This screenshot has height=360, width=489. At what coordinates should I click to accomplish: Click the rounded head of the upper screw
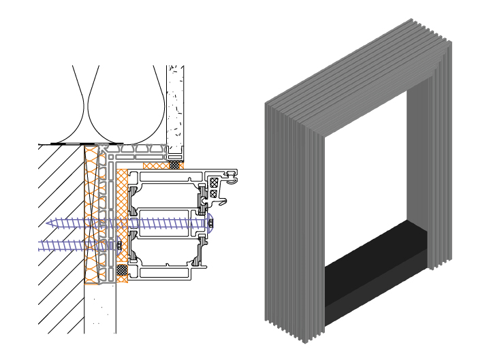coord(210,223)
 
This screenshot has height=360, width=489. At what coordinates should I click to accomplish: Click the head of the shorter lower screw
coord(119,245)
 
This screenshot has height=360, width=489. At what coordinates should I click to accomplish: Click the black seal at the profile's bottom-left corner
coord(122,270)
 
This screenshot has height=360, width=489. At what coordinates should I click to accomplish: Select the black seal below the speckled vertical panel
coord(175,165)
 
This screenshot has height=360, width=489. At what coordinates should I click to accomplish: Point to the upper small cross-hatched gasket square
coord(214,182)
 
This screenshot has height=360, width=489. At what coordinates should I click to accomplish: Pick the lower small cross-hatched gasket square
coord(214,193)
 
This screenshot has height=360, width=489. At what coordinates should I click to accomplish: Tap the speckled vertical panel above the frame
coord(175,109)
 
